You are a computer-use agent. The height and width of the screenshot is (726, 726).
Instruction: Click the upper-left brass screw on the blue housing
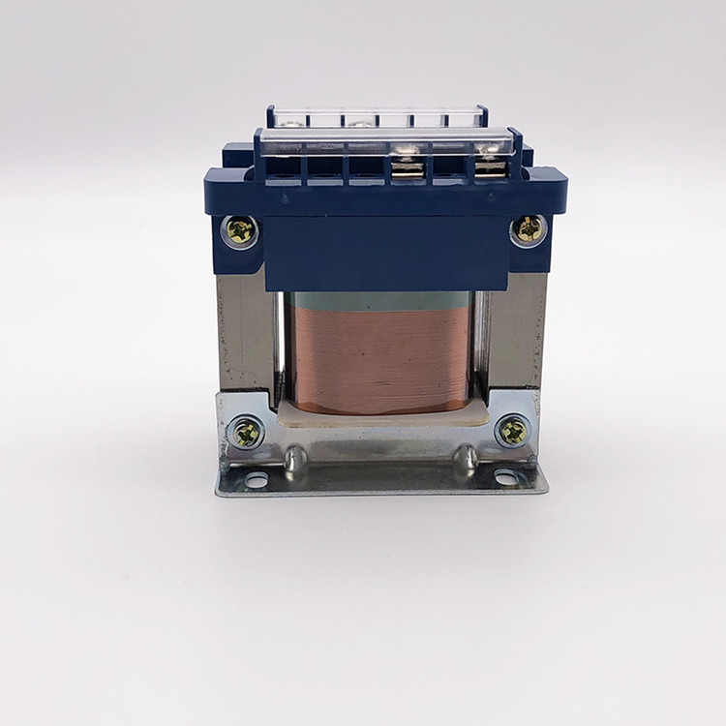(x=240, y=230)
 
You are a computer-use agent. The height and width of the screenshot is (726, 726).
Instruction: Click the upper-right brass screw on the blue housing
(x=529, y=229)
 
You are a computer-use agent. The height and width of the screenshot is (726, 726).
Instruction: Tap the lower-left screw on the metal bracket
(x=246, y=432)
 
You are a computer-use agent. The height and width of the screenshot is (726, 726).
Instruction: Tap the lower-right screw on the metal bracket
(x=513, y=430)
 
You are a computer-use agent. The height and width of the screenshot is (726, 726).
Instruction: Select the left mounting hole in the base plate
(x=256, y=479)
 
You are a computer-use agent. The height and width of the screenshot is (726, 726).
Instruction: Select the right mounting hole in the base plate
(x=505, y=476)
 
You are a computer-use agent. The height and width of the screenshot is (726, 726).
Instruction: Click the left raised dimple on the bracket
(x=296, y=456)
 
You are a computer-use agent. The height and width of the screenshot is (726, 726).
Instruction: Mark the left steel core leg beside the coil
(x=247, y=334)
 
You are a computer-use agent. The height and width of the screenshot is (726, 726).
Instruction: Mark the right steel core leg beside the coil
(x=513, y=334)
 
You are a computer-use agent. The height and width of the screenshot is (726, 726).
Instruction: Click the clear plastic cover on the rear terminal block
(x=378, y=117)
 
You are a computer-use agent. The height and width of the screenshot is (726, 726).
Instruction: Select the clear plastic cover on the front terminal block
(x=387, y=143)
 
